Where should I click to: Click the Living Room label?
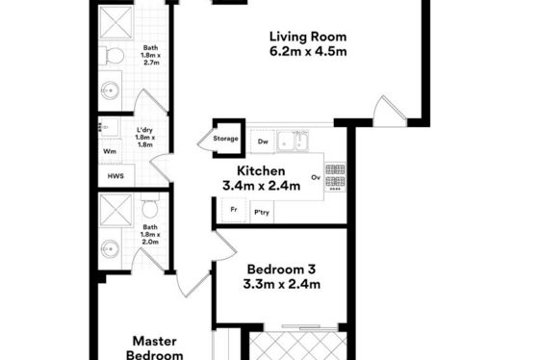[308, 37]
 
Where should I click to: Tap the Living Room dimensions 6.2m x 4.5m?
[308, 51]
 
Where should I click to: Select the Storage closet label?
[225, 139]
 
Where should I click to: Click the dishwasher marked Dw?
[263, 141]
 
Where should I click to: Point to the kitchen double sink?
[294, 141]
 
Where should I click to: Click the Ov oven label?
[316, 177]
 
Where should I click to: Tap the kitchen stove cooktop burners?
[335, 177]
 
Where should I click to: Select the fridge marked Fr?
[234, 210]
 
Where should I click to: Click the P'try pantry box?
[262, 212]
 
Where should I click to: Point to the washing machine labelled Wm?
[110, 151]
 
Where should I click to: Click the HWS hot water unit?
[115, 176]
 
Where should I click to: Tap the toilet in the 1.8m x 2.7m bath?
[112, 56]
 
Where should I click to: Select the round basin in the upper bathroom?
[111, 91]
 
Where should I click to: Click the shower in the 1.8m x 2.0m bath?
[115, 211]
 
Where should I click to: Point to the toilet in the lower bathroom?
[150, 205]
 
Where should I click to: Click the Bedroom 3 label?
[281, 269]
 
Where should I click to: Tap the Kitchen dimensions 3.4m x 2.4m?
[261, 186]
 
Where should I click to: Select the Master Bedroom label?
[155, 347]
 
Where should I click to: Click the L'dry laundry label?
[144, 130]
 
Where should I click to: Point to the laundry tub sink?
[109, 127]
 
